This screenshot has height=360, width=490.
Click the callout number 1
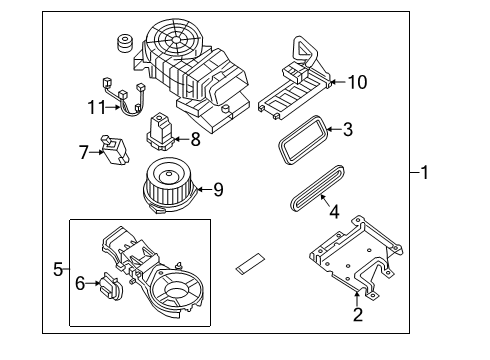point(424,173)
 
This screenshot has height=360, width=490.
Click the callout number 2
point(357,315)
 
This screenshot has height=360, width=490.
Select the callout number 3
point(347,128)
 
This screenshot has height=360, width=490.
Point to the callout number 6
point(80,284)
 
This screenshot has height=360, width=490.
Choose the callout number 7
point(85,151)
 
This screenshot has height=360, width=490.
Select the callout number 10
point(358,81)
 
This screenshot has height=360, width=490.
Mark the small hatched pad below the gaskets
point(249,264)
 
